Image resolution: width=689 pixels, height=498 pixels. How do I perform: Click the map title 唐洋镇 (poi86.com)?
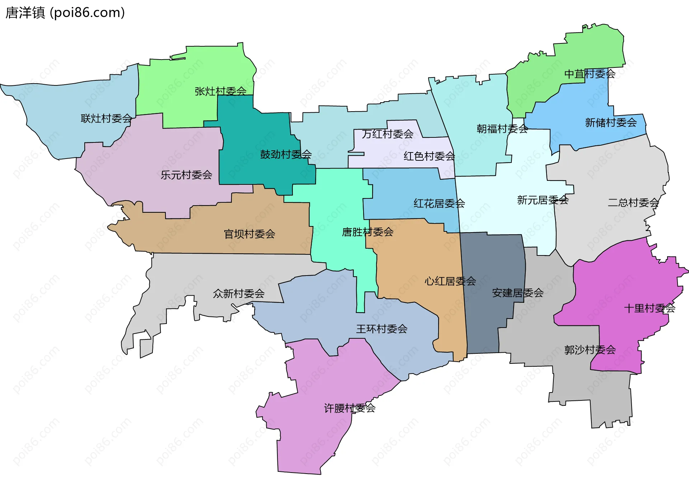pyautogui.click(x=65, y=13)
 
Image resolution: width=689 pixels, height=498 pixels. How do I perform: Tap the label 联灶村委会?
pyautogui.click(x=107, y=118)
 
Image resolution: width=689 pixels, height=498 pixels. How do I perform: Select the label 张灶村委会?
pyautogui.click(x=220, y=91)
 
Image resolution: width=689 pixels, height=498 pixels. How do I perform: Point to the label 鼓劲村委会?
pyautogui.click(x=286, y=154)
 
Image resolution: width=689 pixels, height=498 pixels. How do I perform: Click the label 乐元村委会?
pyautogui.click(x=186, y=175)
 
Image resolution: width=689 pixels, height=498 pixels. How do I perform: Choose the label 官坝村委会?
pyautogui.click(x=249, y=234)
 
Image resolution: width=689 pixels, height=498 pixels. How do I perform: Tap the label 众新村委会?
pyautogui.click(x=239, y=293)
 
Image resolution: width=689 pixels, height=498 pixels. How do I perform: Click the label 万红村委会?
pyautogui.click(x=388, y=134)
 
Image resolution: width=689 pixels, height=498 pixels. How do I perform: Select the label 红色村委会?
pyautogui.click(x=429, y=156)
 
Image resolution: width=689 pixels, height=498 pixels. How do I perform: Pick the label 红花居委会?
pyautogui.click(x=439, y=203)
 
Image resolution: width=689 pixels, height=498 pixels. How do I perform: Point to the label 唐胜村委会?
pyautogui.click(x=367, y=232)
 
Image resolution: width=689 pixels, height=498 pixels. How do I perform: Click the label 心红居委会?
pyautogui.click(x=450, y=281)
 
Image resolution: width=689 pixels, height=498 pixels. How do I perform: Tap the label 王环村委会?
pyautogui.click(x=381, y=329)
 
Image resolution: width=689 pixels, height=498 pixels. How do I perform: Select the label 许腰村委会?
pyautogui.click(x=350, y=408)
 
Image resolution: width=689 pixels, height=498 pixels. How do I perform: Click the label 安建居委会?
pyautogui.click(x=517, y=293)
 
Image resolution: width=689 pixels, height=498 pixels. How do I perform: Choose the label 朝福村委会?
pyautogui.click(x=502, y=128)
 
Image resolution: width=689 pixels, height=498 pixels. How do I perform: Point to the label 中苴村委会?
pyautogui.click(x=590, y=74)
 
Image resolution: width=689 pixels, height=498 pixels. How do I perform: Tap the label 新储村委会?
pyautogui.click(x=611, y=123)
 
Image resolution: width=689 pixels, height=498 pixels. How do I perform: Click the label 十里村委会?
pyautogui.click(x=650, y=308)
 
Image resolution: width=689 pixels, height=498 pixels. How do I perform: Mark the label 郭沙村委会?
pyautogui.click(x=590, y=349)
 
